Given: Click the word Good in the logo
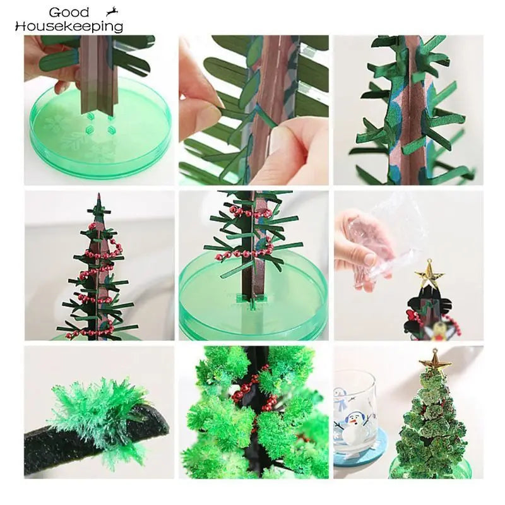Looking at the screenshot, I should tap(69, 13).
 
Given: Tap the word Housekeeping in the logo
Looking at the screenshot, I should tap(69, 27).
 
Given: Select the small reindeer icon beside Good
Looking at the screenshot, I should tap(112, 11).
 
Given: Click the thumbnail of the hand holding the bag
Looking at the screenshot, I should tap(408, 265).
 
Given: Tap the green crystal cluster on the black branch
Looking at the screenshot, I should tap(101, 410).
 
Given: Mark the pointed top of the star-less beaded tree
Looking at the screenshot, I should tap(97, 197).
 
